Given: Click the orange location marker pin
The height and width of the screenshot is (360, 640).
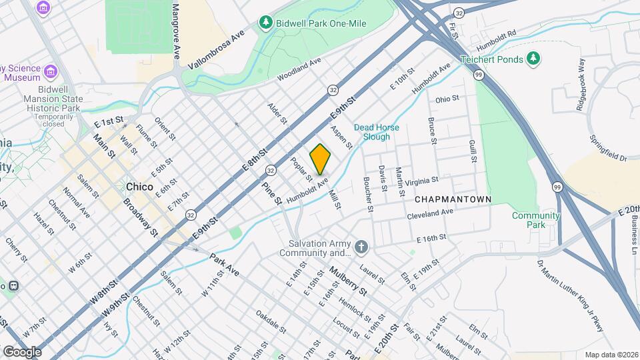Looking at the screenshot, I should click(x=320, y=159).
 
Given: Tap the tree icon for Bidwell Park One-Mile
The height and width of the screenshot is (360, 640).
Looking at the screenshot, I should click(x=266, y=23).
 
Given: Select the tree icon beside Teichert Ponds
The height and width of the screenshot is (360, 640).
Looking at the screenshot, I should click(x=533, y=59).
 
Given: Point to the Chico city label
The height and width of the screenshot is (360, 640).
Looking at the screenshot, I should click(x=139, y=187).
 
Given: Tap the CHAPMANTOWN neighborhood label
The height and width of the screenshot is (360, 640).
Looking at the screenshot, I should click(x=453, y=199).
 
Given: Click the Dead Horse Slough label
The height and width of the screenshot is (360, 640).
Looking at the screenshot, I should click(x=376, y=131).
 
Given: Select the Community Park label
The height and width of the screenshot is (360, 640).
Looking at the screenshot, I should click(x=535, y=220).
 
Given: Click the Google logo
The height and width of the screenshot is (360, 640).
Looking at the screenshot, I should click(x=22, y=351).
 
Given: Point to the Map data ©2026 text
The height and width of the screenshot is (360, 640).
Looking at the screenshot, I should click(x=610, y=355).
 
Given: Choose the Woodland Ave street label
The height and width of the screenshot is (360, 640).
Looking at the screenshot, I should click(x=299, y=69).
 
